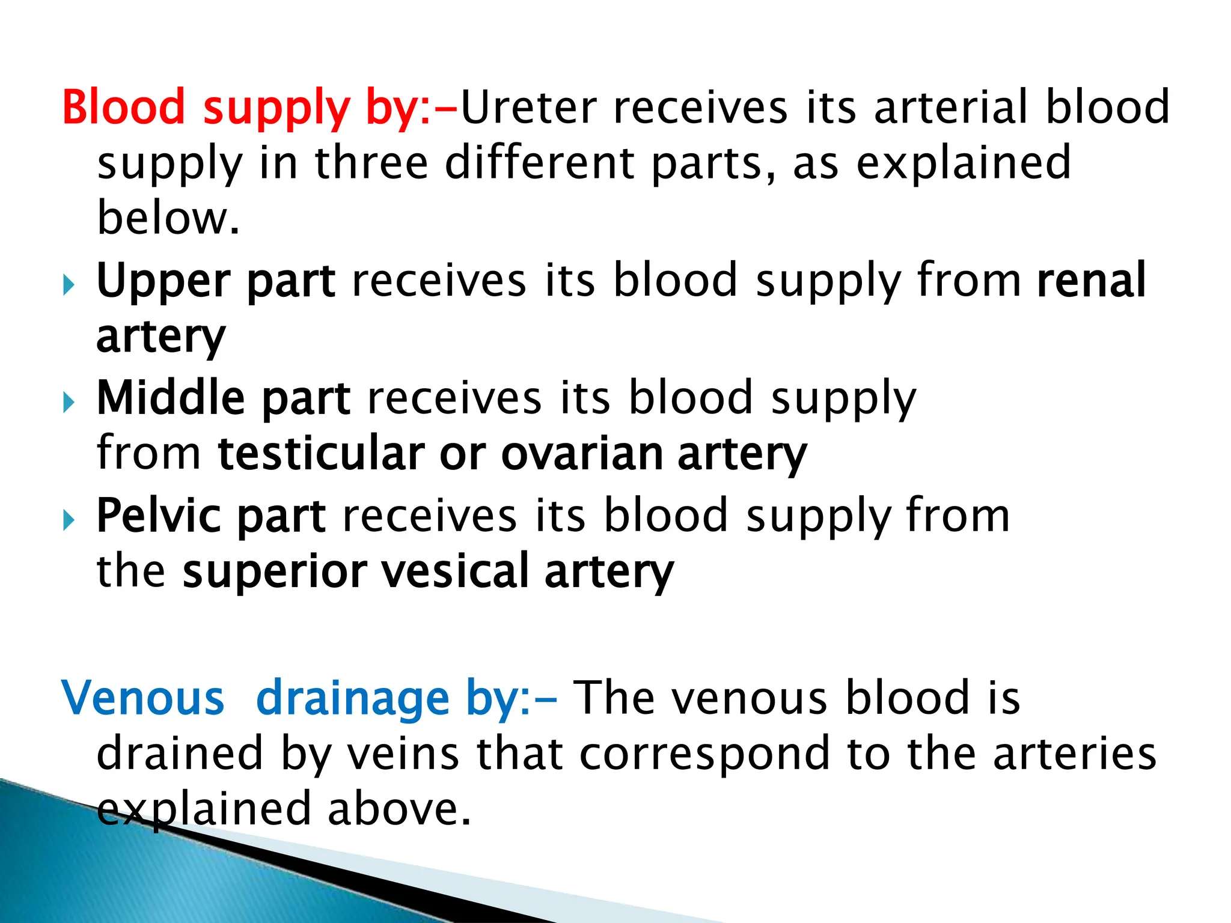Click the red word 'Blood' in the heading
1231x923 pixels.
point(123,107)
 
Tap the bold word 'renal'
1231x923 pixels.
point(1091,280)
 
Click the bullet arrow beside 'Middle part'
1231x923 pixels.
point(69,402)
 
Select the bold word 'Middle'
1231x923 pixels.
point(171,398)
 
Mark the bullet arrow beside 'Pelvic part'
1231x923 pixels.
point(69,520)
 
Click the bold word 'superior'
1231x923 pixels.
point(275,572)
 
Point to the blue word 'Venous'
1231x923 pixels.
point(143,698)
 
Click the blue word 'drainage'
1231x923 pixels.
point(353,699)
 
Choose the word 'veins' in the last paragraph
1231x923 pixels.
point(405,754)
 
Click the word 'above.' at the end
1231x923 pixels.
point(399,809)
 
